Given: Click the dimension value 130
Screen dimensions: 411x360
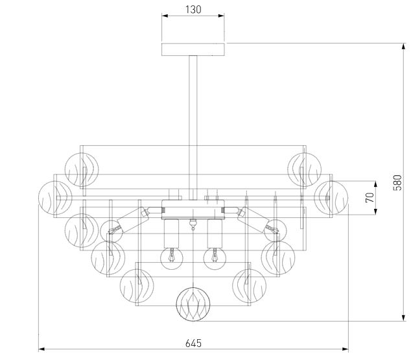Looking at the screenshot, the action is tap(193, 10).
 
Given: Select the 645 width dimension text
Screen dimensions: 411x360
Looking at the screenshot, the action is tap(193, 343).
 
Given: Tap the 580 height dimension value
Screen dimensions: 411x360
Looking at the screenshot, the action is tap(397, 182).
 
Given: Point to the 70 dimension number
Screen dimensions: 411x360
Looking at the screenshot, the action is tap(370, 197).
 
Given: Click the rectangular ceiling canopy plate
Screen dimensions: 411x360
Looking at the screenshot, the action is tap(193, 49).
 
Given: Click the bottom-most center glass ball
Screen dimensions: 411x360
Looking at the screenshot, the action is tap(193, 304).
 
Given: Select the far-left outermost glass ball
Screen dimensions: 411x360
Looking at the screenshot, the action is tap(55, 198).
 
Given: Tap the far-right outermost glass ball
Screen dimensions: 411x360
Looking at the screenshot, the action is tap(331, 198).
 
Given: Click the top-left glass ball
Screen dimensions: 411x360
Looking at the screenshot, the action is tap(82, 170).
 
